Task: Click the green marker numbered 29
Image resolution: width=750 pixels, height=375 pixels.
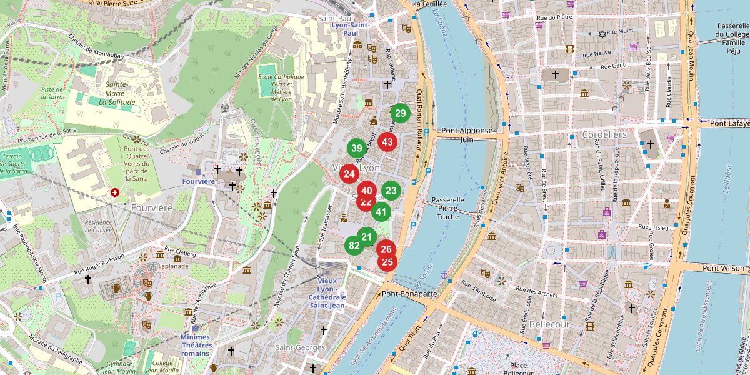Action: click(400, 113)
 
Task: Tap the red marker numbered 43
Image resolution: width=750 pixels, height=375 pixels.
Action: click(387, 141)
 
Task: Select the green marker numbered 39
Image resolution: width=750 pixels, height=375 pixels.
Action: click(356, 148)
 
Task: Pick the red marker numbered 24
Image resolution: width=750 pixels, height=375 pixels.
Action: click(349, 174)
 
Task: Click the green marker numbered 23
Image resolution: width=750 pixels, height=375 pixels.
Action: click(391, 191)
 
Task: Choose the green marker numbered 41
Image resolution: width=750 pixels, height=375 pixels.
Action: click(381, 212)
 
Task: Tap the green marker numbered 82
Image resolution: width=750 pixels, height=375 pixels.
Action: click(354, 245)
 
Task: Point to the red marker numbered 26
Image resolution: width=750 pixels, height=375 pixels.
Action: click(386, 249)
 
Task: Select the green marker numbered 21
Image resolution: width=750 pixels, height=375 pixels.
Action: click(367, 237)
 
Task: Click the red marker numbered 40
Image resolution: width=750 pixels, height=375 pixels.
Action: click(367, 191)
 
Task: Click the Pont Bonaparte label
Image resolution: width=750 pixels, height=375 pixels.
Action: click(409, 293)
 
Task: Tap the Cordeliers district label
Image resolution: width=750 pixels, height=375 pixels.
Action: click(604, 134)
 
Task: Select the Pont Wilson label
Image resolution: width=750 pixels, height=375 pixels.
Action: click(724, 268)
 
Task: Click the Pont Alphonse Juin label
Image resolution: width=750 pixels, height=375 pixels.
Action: click(466, 135)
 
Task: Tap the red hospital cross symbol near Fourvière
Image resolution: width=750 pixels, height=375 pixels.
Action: click(114, 192)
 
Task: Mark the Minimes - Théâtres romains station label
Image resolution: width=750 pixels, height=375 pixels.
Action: click(196, 345)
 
